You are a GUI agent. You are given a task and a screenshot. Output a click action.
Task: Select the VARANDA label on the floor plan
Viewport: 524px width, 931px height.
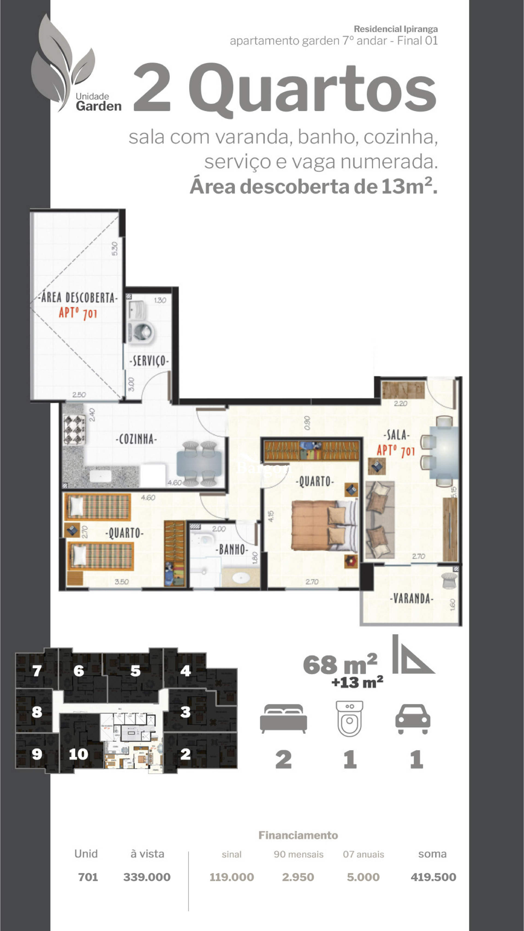pyautogui.click(x=411, y=598)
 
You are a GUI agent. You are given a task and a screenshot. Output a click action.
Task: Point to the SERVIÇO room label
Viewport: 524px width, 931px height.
pyautogui.click(x=149, y=361)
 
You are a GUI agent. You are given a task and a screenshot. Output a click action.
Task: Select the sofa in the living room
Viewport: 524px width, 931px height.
pyautogui.click(x=379, y=520)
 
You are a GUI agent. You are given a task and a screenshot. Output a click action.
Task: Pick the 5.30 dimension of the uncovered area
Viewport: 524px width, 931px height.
pyautogui.click(x=115, y=249)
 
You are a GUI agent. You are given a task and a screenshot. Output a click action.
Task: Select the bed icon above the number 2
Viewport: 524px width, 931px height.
pyautogui.click(x=284, y=718)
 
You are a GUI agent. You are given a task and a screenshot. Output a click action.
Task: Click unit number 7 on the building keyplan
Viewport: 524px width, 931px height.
pyautogui.click(x=37, y=671)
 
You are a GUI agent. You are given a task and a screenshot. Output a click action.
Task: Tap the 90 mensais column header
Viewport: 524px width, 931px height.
pyautogui.click(x=298, y=854)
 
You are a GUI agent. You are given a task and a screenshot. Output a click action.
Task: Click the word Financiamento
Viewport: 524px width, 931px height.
pyautogui.click(x=298, y=835)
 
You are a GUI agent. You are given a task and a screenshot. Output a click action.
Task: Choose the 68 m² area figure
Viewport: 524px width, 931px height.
pyautogui.click(x=340, y=664)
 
